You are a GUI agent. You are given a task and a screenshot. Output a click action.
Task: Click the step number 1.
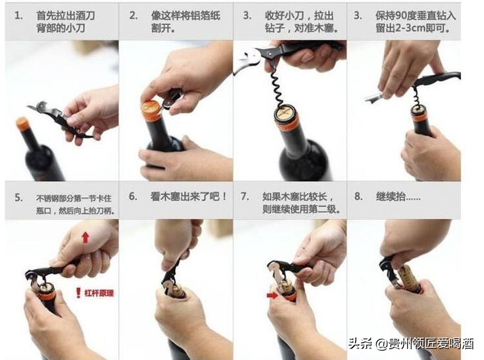pyautogui.click(x=19, y=15)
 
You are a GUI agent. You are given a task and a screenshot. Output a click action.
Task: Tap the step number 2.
pyautogui.click(x=134, y=15)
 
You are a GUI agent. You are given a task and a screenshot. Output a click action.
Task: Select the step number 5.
pyautogui.click(x=19, y=198)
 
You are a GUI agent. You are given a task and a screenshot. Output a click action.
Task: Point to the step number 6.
pyautogui.click(x=133, y=196)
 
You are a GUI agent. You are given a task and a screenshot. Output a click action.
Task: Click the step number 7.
pyautogui.click(x=245, y=196)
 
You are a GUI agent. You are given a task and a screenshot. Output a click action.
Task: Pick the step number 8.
pyautogui.click(x=359, y=196)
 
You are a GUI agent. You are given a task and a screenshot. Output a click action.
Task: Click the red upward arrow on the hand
pyautogui.click(x=86, y=237)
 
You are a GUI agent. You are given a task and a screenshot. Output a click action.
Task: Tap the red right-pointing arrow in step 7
pyautogui.click(x=272, y=296)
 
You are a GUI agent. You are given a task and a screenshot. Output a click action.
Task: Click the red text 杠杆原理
pyautogui.click(x=99, y=292)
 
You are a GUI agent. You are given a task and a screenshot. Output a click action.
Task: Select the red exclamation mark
pyautogui.click(x=78, y=292)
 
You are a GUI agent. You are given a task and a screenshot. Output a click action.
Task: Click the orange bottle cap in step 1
pyautogui.click(x=23, y=123)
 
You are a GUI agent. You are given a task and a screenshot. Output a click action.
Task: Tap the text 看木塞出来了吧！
pyautogui.click(x=189, y=196)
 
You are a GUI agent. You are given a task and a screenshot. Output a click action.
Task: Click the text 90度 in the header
pyautogui.click(x=404, y=15)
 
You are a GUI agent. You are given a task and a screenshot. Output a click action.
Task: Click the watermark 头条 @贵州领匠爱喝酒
pyautogui.click(x=411, y=343)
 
